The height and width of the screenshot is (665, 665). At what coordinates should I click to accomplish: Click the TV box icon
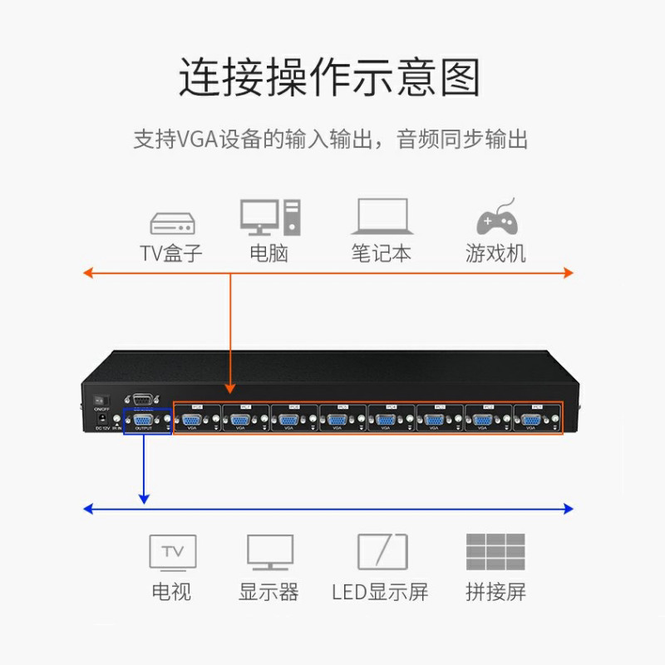click(x=172, y=223)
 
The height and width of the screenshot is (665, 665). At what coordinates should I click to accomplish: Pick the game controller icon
click(x=496, y=219)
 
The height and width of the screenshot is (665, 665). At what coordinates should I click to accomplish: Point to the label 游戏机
click(x=495, y=253)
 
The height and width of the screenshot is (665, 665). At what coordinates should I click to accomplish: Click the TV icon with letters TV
click(x=172, y=552)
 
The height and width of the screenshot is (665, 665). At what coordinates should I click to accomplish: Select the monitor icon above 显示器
click(x=270, y=552)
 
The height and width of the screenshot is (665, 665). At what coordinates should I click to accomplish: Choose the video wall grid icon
click(x=495, y=551)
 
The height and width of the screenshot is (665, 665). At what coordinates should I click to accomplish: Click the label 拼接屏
click(x=495, y=592)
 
